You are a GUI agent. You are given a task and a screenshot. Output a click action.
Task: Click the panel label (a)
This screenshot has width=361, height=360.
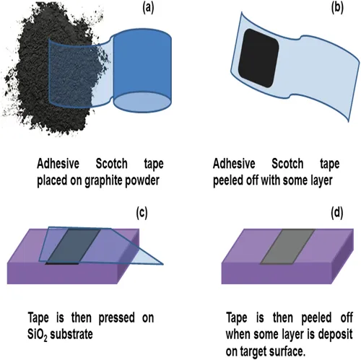pyautogui.click(x=148, y=8)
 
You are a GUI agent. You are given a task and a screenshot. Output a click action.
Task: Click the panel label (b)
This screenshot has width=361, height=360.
pyautogui.click(x=337, y=8)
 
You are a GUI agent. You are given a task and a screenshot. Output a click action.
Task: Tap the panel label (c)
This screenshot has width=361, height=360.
pyautogui.click(x=142, y=213)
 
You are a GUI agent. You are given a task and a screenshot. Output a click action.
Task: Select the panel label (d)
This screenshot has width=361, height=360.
pyautogui.click(x=336, y=213)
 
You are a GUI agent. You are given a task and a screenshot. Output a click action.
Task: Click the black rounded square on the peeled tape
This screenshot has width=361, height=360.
pyautogui.click(x=258, y=58)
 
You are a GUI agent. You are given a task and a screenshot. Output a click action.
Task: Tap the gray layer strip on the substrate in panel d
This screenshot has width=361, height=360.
pyautogui.click(x=287, y=246)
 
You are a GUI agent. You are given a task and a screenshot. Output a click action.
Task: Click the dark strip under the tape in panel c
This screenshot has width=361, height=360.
pyautogui.click(x=74, y=247)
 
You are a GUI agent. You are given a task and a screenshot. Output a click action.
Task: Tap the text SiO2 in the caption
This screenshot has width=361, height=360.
pyautogui.click(x=38, y=335)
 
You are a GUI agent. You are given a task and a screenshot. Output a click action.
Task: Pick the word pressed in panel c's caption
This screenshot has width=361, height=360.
pyautogui.click(x=117, y=318)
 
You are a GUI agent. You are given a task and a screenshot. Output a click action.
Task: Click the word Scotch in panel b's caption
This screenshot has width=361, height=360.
pyautogui.click(x=287, y=164)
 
